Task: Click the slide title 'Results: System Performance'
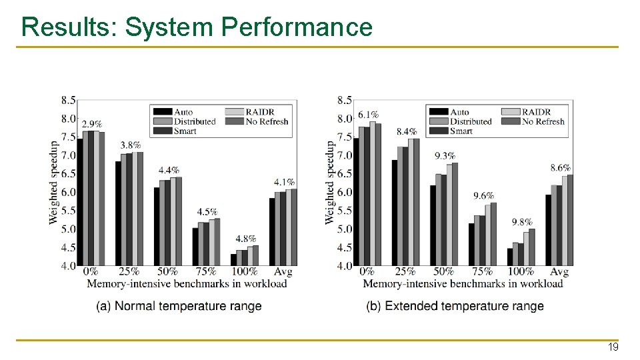coord(197,27)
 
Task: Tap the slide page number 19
coord(612,347)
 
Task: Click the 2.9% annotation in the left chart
coord(92,124)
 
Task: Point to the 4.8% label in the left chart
coord(246,239)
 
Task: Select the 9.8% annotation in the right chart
coord(522,222)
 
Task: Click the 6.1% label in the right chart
coord(368,115)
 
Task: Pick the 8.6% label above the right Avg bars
coord(560,168)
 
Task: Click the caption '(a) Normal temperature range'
coord(179,306)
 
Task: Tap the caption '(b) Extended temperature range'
coord(455,306)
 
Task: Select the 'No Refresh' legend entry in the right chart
coord(543,121)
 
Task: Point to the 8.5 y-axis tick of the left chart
coord(68,100)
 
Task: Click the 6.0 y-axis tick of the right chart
coord(345,192)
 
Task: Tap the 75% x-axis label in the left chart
coord(206,271)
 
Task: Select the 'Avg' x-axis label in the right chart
coord(559,271)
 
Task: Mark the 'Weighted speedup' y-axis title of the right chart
coord(329,181)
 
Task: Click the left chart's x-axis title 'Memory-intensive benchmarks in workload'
coord(187,283)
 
